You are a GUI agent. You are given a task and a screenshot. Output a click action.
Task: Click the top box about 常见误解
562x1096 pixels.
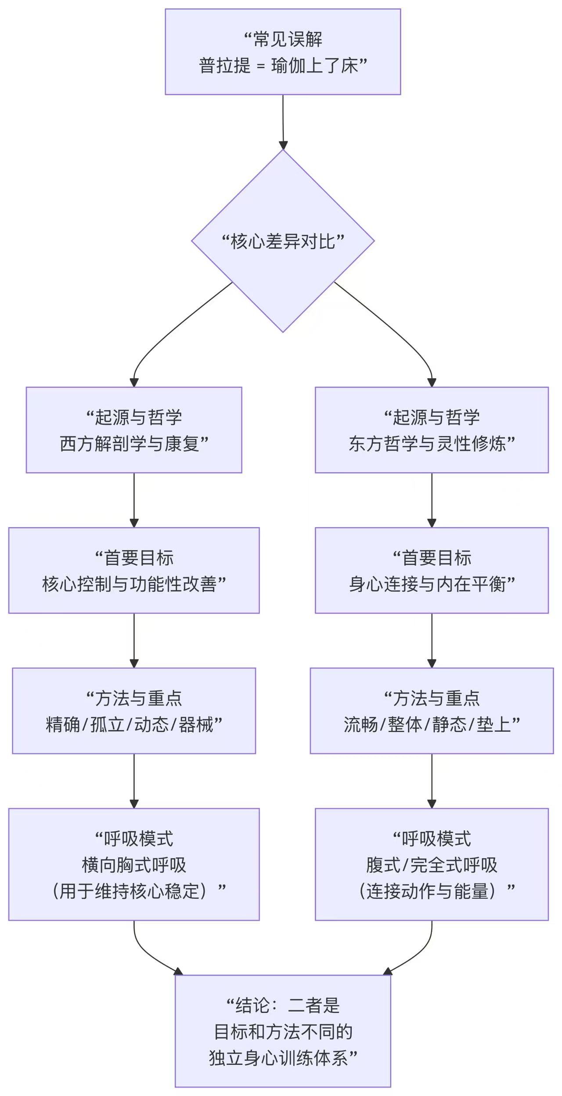pos(283,52)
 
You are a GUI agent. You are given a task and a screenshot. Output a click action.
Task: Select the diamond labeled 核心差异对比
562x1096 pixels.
pos(283,241)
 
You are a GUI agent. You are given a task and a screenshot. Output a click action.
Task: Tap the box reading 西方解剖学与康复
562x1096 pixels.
pos(134,430)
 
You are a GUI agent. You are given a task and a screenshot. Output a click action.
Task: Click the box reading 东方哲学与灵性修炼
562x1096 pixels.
pos(432,430)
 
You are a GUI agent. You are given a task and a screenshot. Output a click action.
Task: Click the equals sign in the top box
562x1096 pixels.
pos(261,66)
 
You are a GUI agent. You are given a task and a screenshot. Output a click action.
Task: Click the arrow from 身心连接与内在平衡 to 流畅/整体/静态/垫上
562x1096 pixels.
pos(432,640)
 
